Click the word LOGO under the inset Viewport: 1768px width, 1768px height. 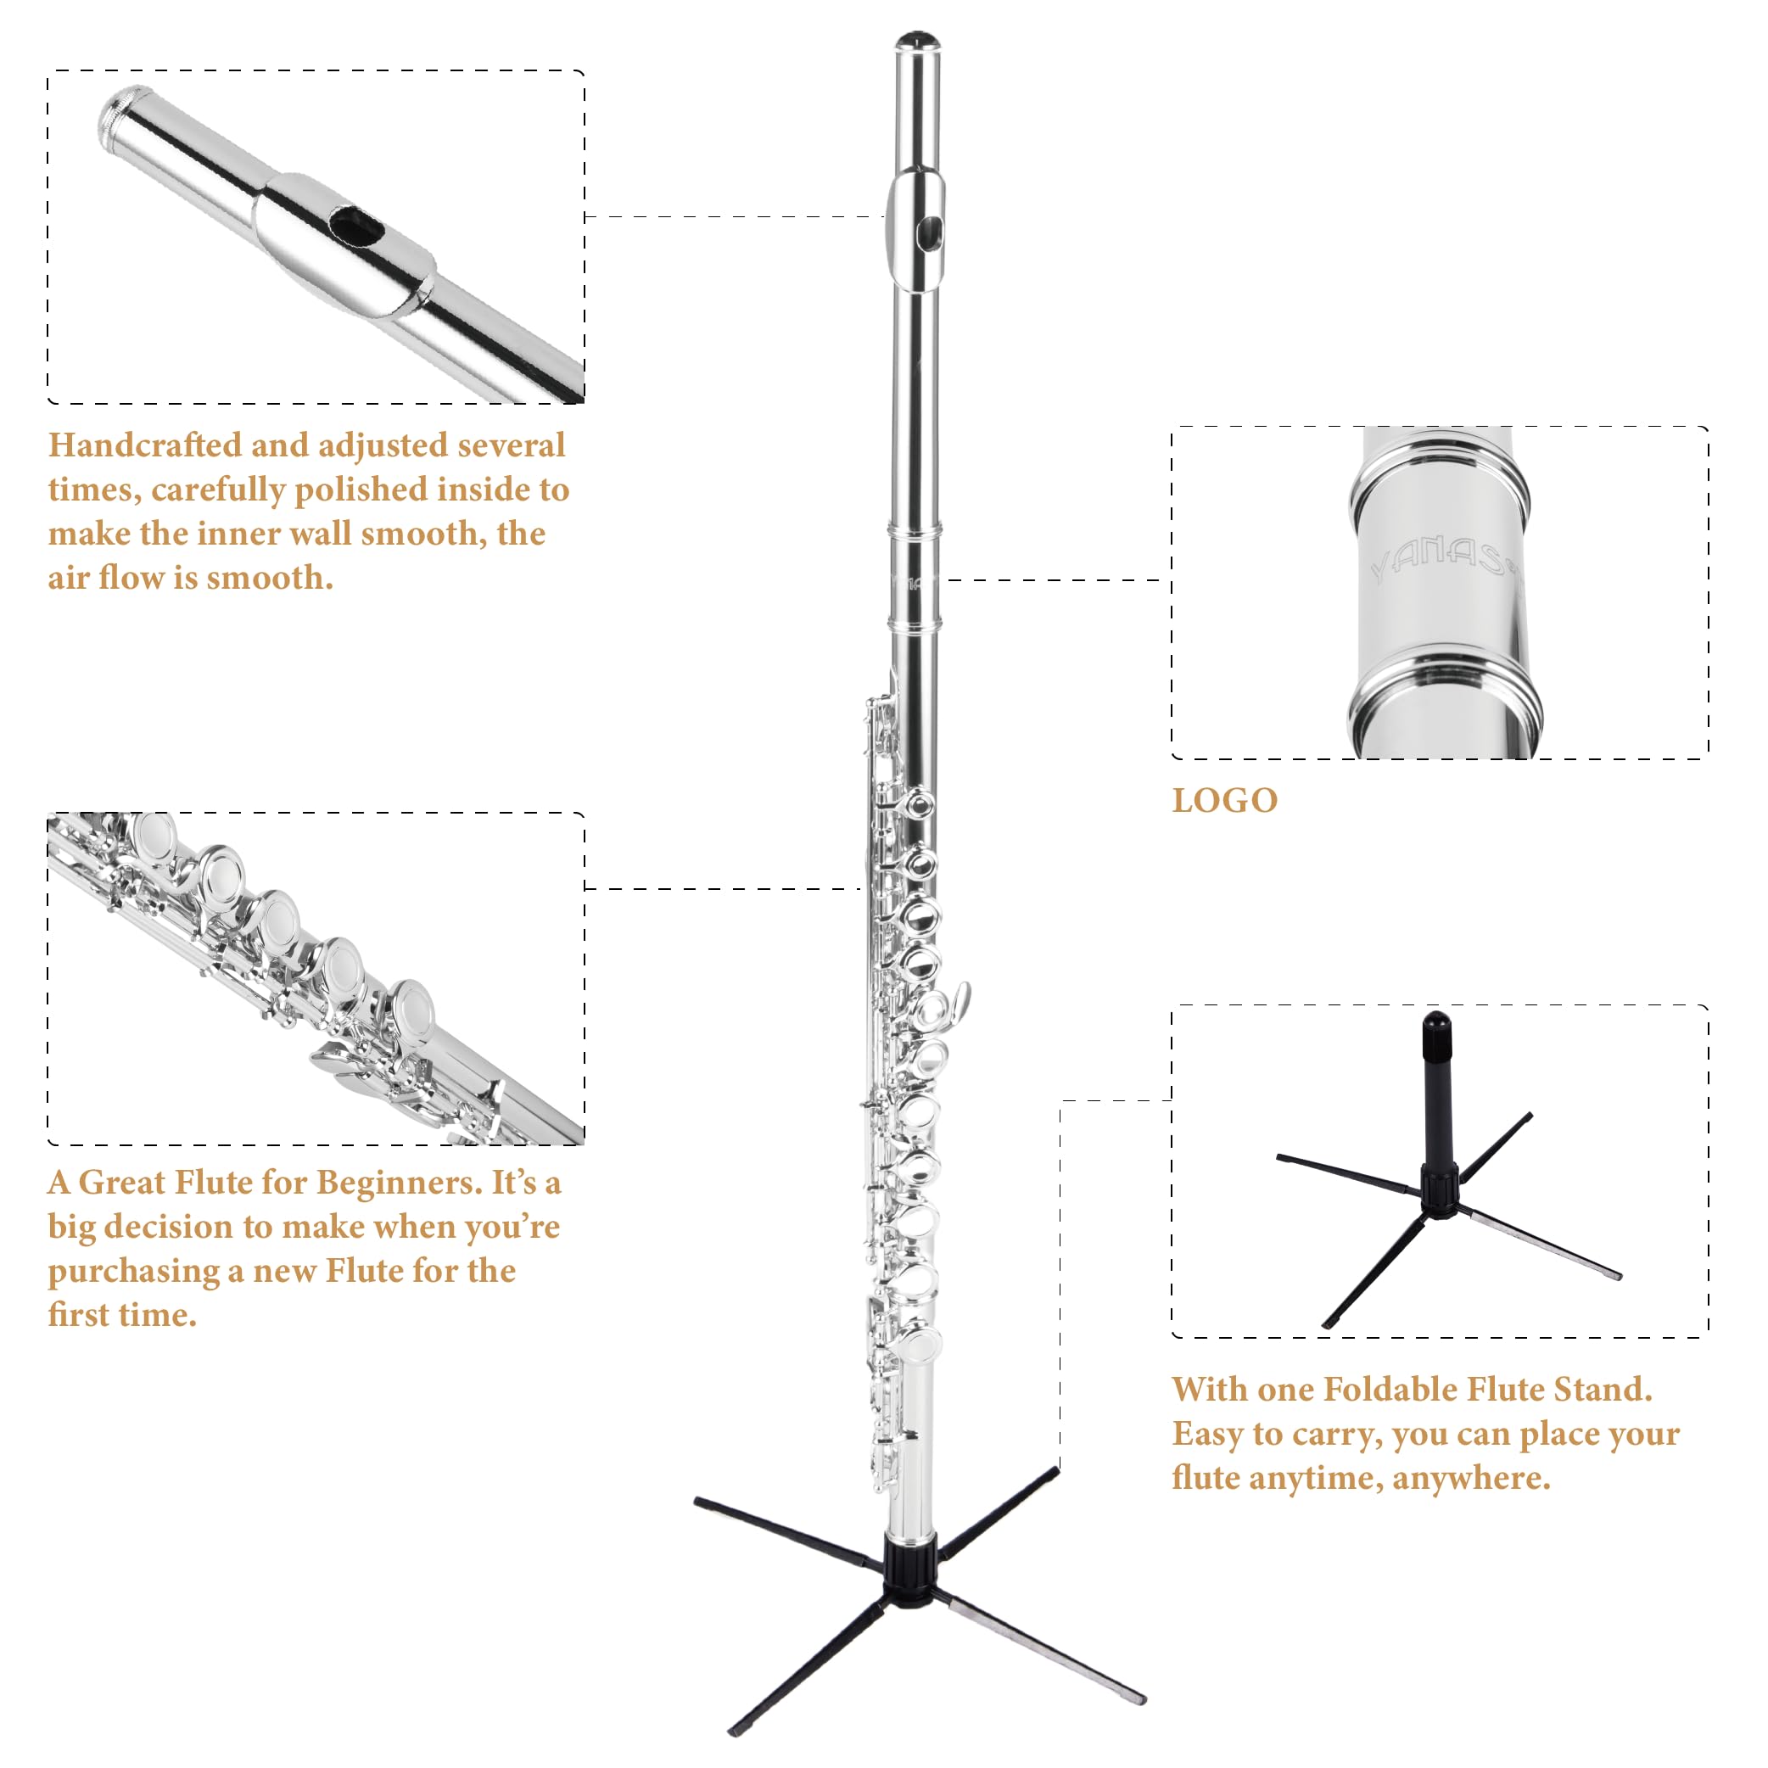(x=1224, y=801)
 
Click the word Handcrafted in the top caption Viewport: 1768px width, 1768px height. (x=143, y=445)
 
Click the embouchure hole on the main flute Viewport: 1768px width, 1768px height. (x=930, y=233)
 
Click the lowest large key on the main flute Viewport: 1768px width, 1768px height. (x=920, y=1346)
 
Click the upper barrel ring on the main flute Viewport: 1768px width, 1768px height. (x=915, y=530)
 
